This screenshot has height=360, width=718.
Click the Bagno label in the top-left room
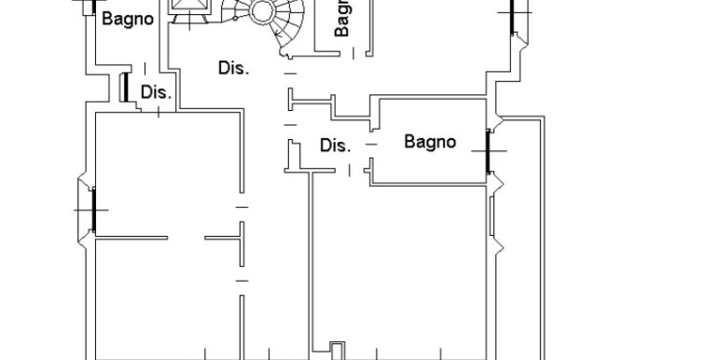click(127, 19)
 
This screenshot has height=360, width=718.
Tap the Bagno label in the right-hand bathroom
click(430, 142)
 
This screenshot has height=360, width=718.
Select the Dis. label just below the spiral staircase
click(233, 68)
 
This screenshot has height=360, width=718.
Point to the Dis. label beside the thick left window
click(155, 92)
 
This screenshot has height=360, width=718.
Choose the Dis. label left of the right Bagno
click(334, 145)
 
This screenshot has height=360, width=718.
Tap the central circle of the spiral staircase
click(261, 12)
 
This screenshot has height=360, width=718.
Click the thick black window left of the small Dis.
click(124, 88)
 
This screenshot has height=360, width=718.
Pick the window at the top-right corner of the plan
click(512, 14)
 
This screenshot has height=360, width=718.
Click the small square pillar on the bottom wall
click(337, 351)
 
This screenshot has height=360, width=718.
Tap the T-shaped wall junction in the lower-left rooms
click(240, 238)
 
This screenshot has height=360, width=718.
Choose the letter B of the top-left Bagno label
click(106, 19)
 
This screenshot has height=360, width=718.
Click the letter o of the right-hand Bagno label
click(451, 143)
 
